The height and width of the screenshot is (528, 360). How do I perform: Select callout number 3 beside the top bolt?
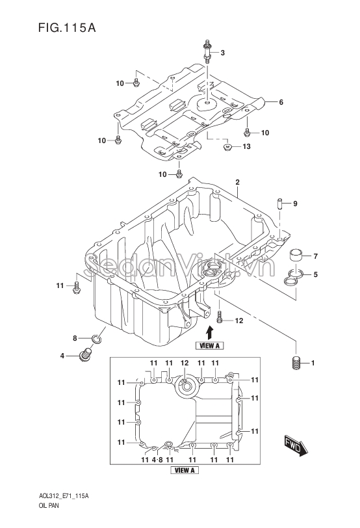point(222,53)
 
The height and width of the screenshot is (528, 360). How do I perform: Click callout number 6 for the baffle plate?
point(281,102)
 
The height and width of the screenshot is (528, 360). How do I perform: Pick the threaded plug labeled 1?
point(296,363)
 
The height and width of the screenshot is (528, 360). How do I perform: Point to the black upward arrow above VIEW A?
point(208,331)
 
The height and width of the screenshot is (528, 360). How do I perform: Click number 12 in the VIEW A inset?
point(185,363)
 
